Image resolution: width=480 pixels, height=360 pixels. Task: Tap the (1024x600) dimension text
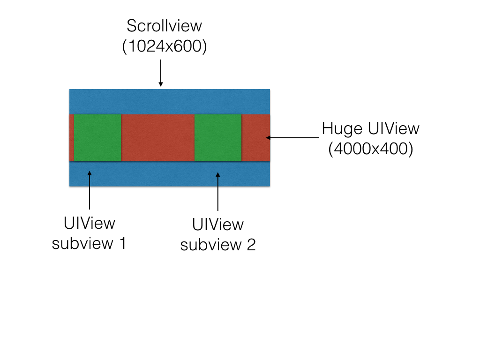coord(164,47)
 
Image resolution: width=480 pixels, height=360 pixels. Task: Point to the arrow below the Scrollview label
coord(161,73)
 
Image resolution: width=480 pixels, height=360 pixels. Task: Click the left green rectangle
coord(97,137)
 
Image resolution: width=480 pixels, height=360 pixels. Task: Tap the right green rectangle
coord(218,137)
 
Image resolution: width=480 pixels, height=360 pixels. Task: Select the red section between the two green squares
coord(158,137)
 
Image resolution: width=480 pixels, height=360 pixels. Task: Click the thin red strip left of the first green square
coord(71,137)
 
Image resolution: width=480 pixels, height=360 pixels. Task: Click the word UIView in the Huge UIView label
coord(394,128)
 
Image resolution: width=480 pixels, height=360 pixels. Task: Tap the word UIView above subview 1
coord(89,223)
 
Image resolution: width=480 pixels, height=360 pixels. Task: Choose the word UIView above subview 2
coord(218,225)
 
